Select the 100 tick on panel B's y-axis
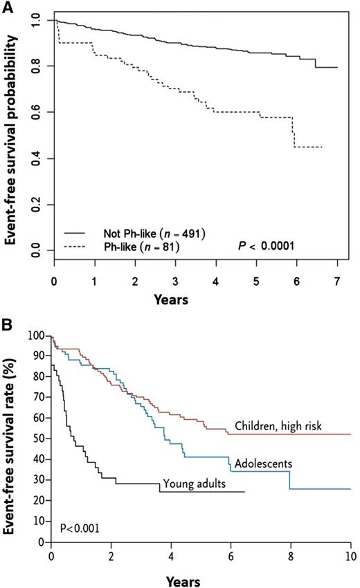[35, 336]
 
